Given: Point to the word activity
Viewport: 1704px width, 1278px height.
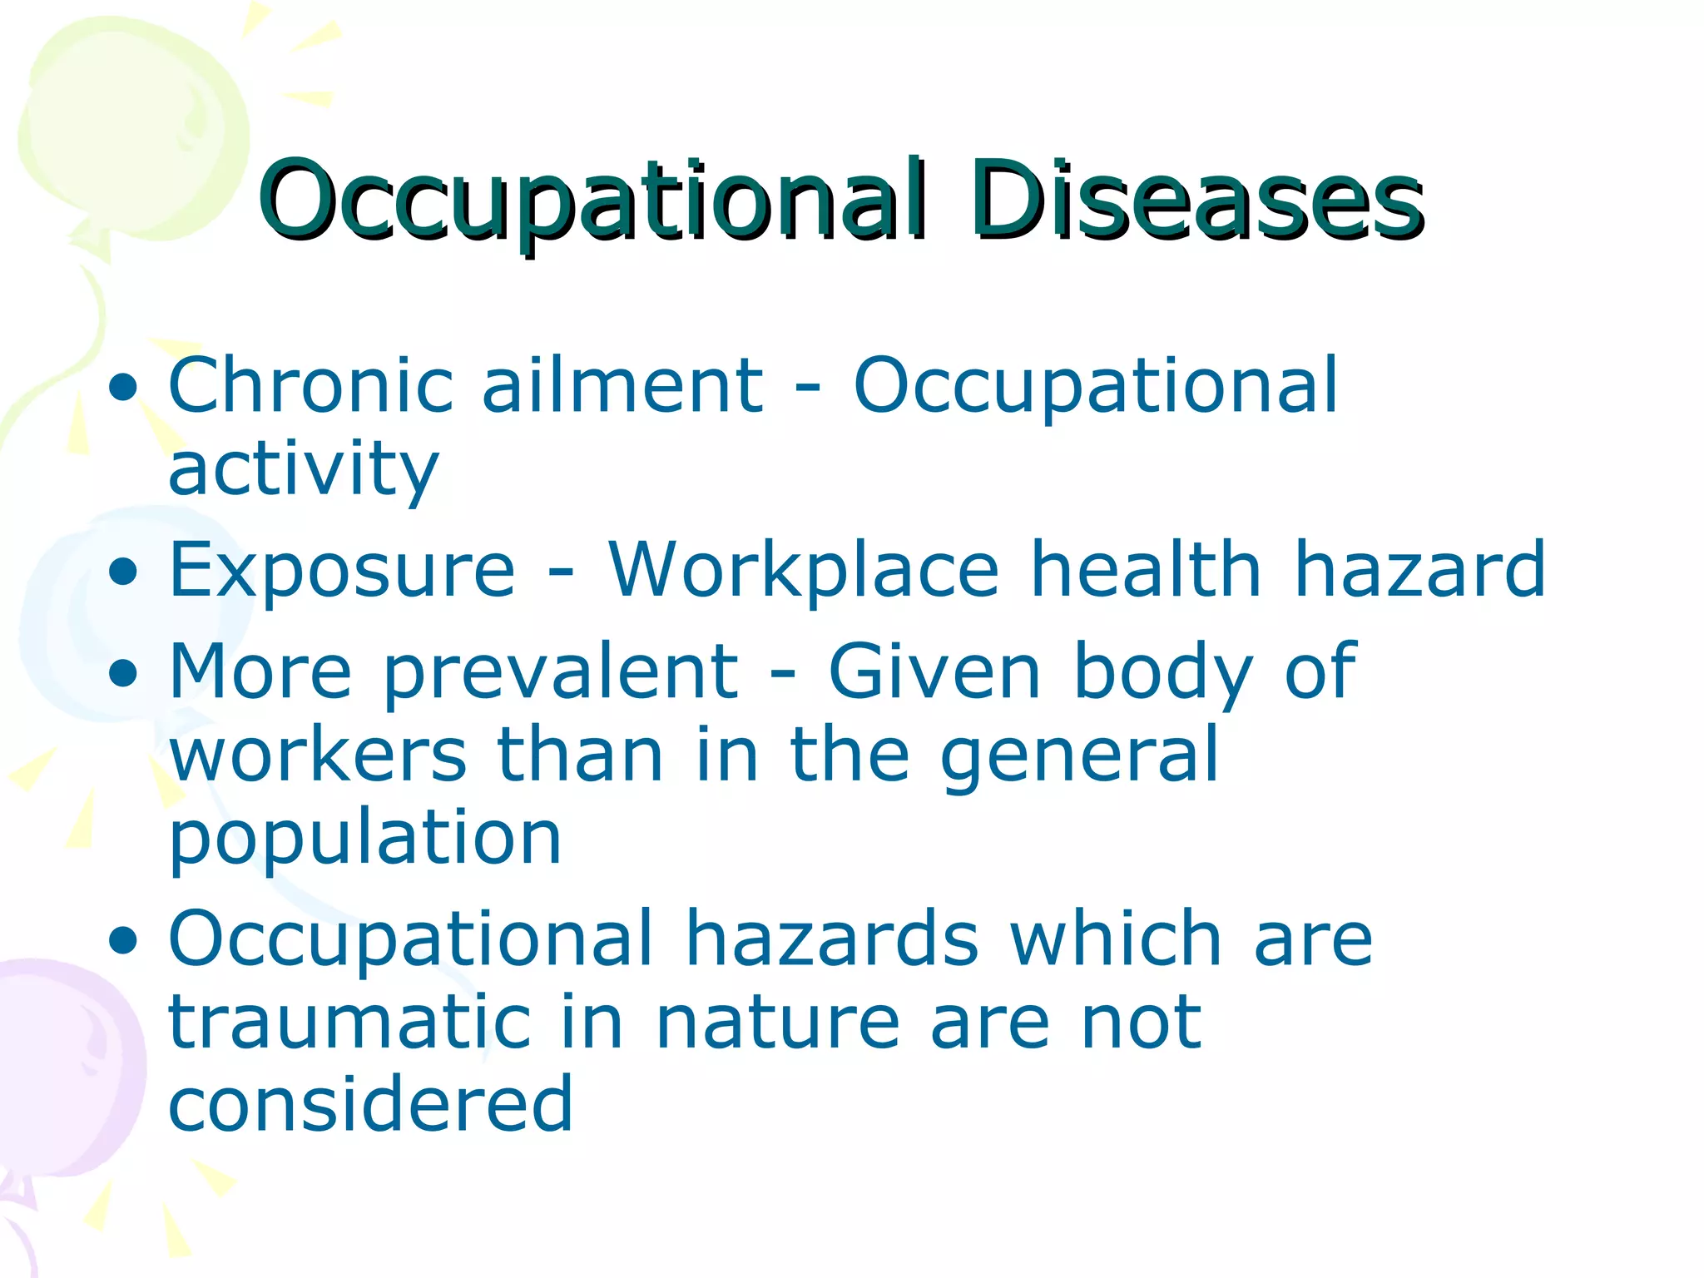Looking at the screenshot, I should click(304, 469).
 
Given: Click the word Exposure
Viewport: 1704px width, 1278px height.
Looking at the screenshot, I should click(342, 572).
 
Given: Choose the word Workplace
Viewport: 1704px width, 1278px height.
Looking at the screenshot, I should click(803, 572).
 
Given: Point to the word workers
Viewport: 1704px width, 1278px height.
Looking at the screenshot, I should click(318, 755).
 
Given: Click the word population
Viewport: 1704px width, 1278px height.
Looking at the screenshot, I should click(365, 840).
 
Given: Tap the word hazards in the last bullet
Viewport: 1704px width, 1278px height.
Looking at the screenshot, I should click(831, 940).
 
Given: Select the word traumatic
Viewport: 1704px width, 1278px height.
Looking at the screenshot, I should click(349, 1023).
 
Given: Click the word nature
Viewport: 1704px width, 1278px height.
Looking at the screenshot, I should click(777, 1024).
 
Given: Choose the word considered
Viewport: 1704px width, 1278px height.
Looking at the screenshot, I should click(370, 1105).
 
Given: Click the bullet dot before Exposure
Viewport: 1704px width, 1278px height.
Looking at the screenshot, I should click(123, 572).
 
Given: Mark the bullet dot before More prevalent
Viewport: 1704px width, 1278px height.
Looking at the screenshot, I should click(123, 674).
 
